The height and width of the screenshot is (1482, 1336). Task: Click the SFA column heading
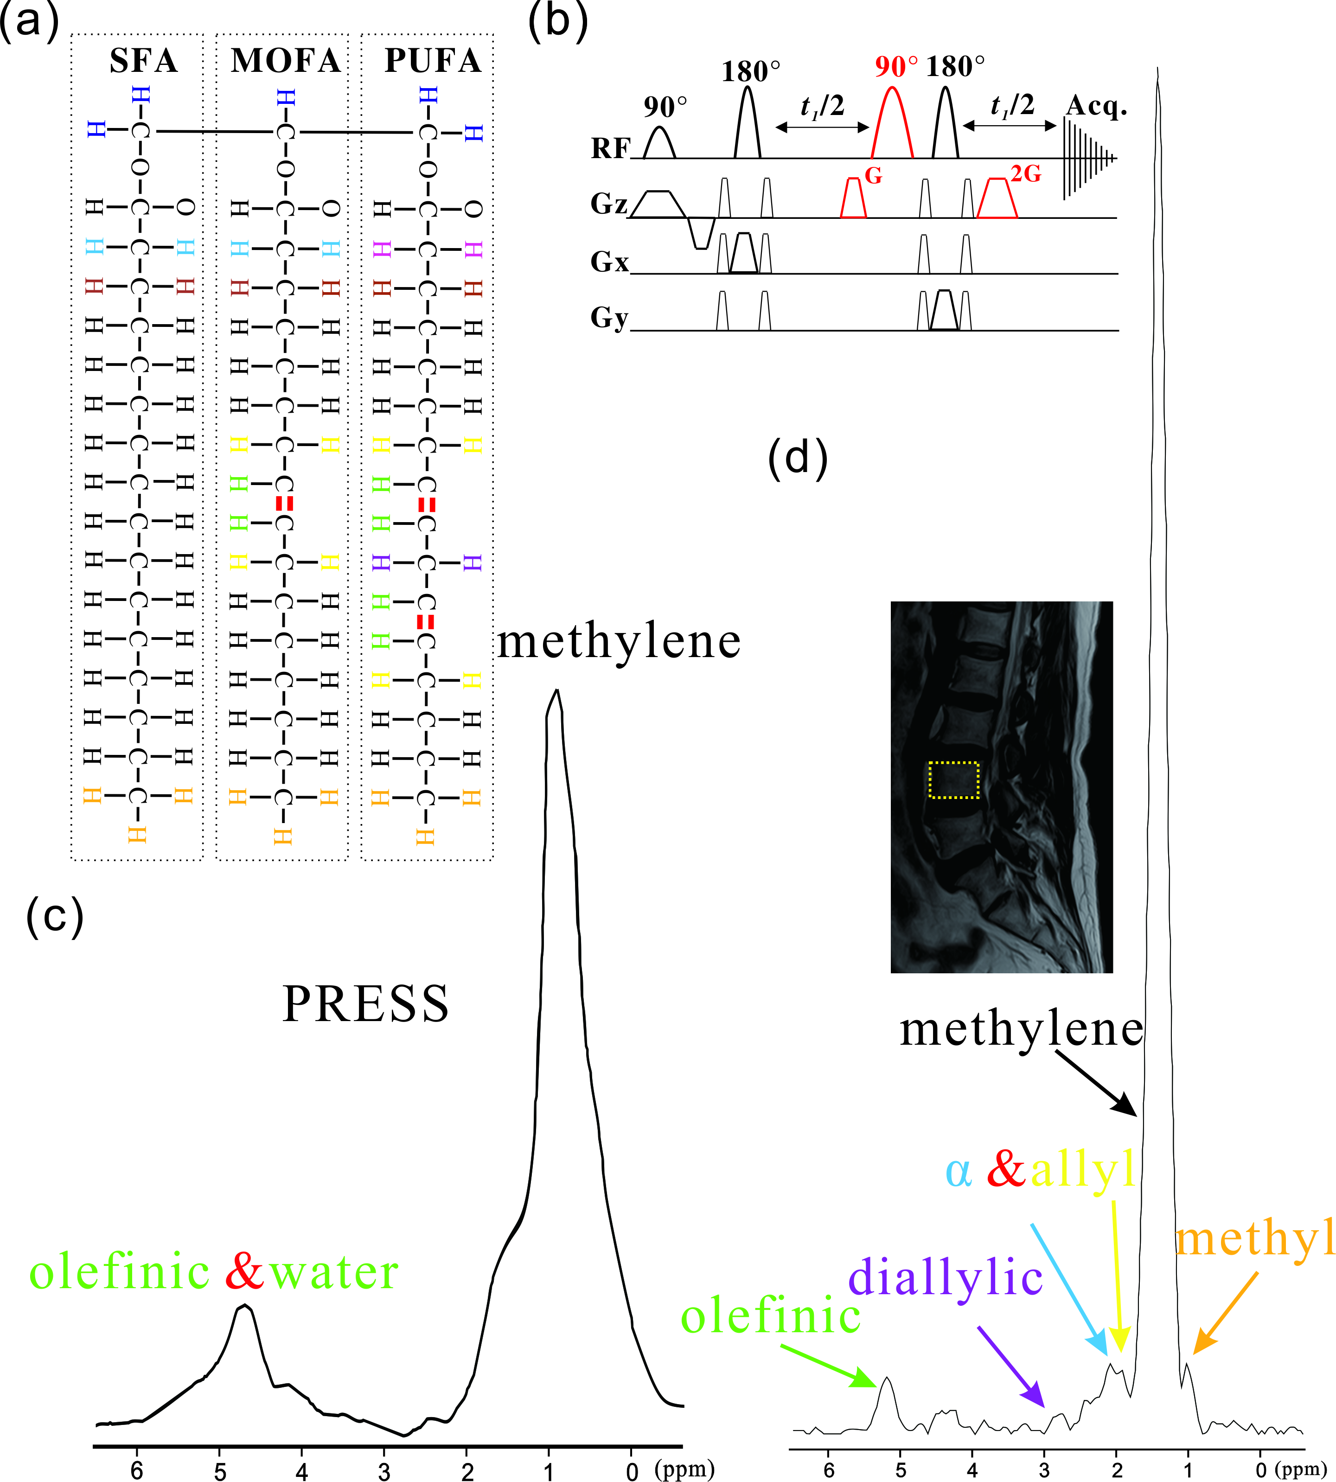(x=143, y=60)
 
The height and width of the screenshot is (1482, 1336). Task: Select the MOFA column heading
(x=286, y=60)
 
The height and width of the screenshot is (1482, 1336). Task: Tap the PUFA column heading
(x=432, y=60)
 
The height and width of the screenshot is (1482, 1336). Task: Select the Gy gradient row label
(x=609, y=318)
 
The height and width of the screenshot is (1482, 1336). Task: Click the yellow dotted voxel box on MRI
(x=953, y=779)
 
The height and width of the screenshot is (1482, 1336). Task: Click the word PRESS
(x=365, y=1003)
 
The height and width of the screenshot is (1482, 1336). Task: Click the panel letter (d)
(x=798, y=459)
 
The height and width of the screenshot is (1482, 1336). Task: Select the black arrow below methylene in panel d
(x=1098, y=1083)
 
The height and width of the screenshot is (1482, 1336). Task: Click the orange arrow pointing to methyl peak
(x=1225, y=1313)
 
